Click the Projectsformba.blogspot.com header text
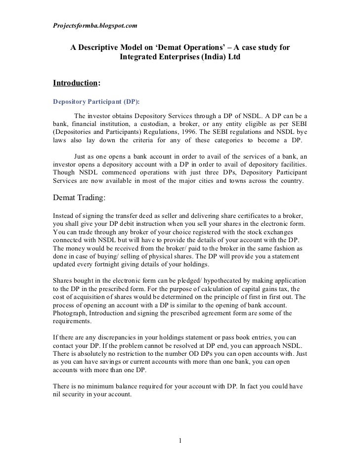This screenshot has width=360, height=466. pos(95,24)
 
